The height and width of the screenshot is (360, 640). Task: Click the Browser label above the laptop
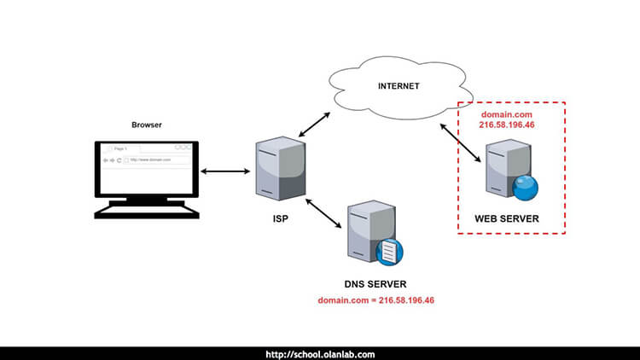click(x=147, y=125)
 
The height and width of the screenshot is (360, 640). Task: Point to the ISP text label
click(x=278, y=221)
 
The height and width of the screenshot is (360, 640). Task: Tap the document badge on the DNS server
click(x=389, y=252)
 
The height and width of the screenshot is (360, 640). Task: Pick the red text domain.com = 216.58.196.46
click(x=376, y=301)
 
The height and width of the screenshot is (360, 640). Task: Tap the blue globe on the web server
click(x=525, y=188)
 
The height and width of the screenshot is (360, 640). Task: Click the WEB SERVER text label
click(x=508, y=219)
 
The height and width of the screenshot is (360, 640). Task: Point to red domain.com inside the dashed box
click(x=507, y=113)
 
